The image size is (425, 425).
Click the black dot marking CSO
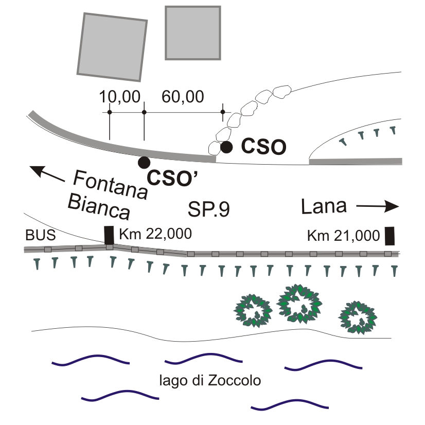pyautogui.click(x=226, y=147)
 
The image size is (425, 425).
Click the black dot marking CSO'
pyautogui.click(x=144, y=162)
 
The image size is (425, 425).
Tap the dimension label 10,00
pyautogui.click(x=119, y=96)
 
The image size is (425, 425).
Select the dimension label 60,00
pyautogui.click(x=183, y=96)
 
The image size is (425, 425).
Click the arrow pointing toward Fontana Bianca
pyautogui.click(x=47, y=173)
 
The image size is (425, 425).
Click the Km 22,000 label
pyautogui.click(x=155, y=234)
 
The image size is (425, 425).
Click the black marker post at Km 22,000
pyautogui.click(x=109, y=235)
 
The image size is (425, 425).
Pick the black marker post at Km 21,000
pyautogui.click(x=391, y=235)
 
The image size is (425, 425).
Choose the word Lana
pyautogui.click(x=324, y=207)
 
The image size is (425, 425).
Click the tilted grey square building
pyautogui.click(x=113, y=46)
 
